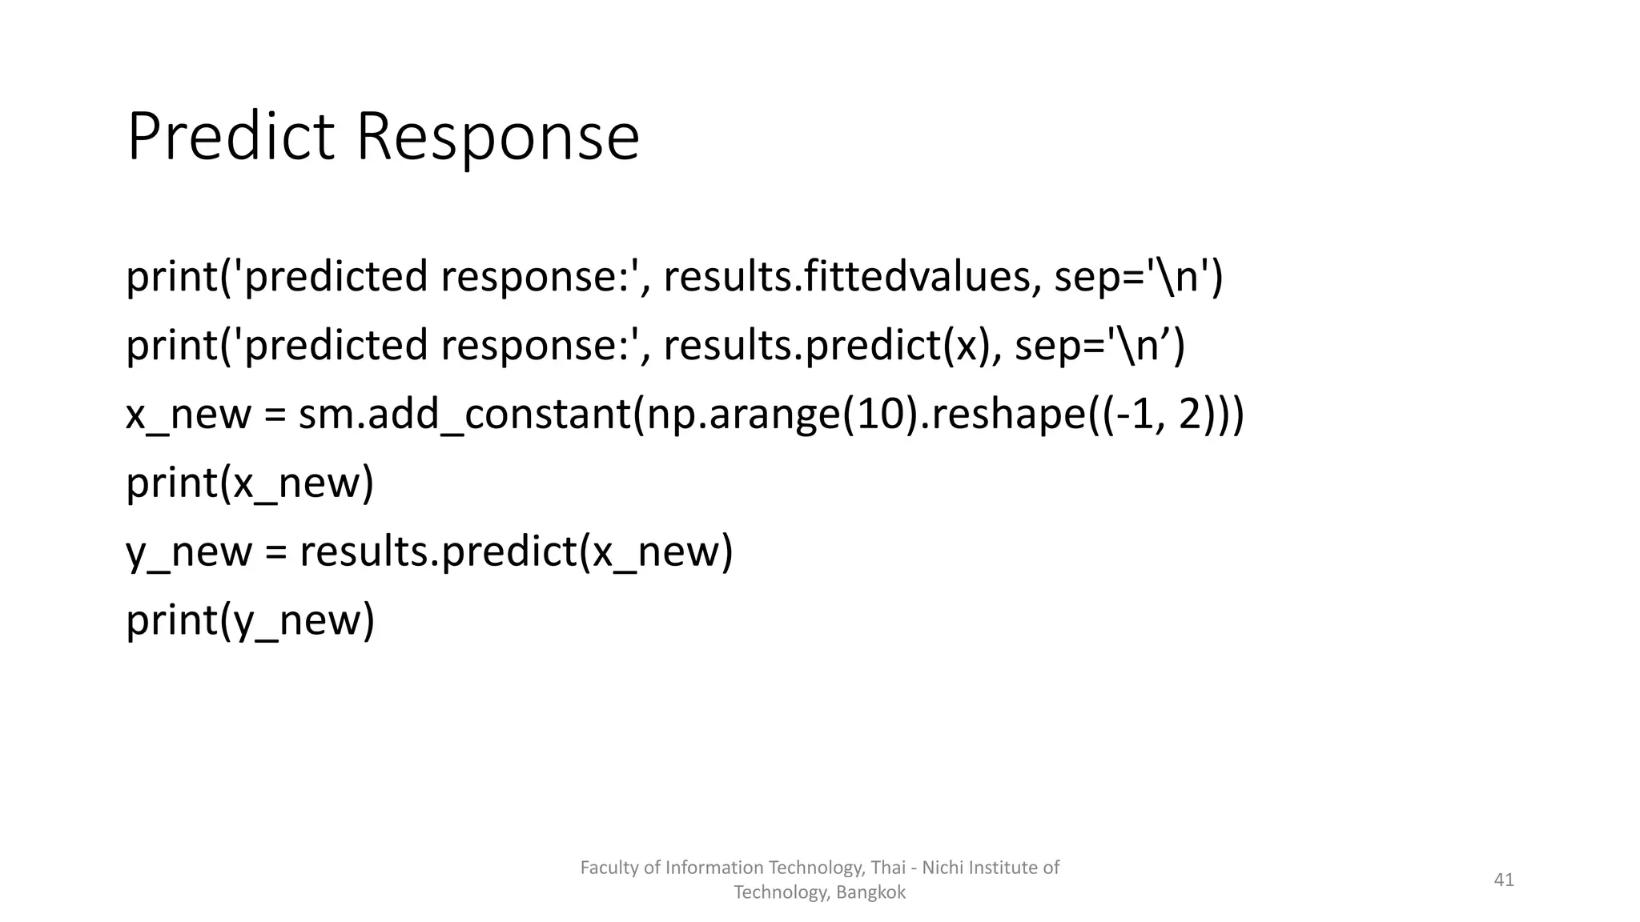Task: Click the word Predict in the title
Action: pos(230,137)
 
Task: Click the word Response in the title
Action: pos(497,137)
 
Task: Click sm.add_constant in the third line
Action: pos(464,415)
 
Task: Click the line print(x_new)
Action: pos(250,483)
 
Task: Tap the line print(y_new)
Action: pos(250,621)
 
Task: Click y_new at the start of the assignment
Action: pos(188,552)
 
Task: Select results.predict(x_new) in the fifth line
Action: pos(516,552)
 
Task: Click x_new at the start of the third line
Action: pos(188,415)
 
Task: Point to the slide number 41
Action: pos(1504,880)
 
